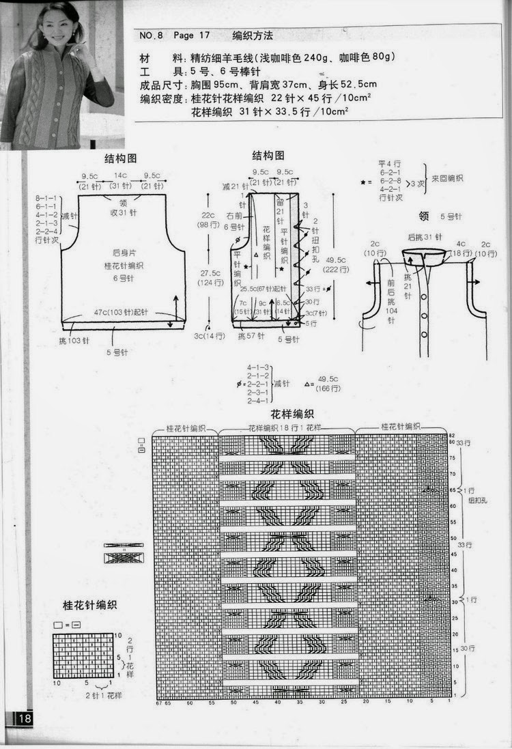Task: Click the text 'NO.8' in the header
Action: click(x=150, y=36)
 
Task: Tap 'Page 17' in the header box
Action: click(x=192, y=36)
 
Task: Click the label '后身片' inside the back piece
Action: click(x=123, y=252)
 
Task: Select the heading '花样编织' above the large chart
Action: click(x=291, y=414)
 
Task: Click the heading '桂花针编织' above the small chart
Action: click(x=89, y=605)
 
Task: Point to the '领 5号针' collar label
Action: click(x=441, y=216)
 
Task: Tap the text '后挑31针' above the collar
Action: click(x=420, y=237)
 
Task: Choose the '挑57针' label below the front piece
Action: click(x=251, y=337)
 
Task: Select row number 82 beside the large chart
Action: click(x=451, y=436)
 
